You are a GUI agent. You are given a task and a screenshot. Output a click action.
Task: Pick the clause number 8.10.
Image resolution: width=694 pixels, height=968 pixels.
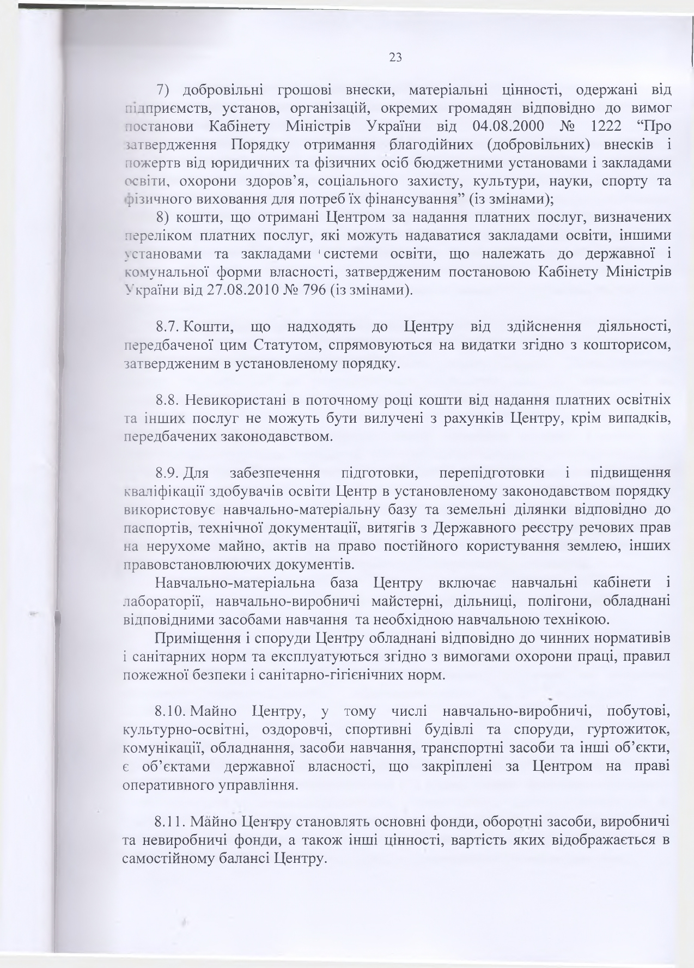(x=171, y=711)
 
